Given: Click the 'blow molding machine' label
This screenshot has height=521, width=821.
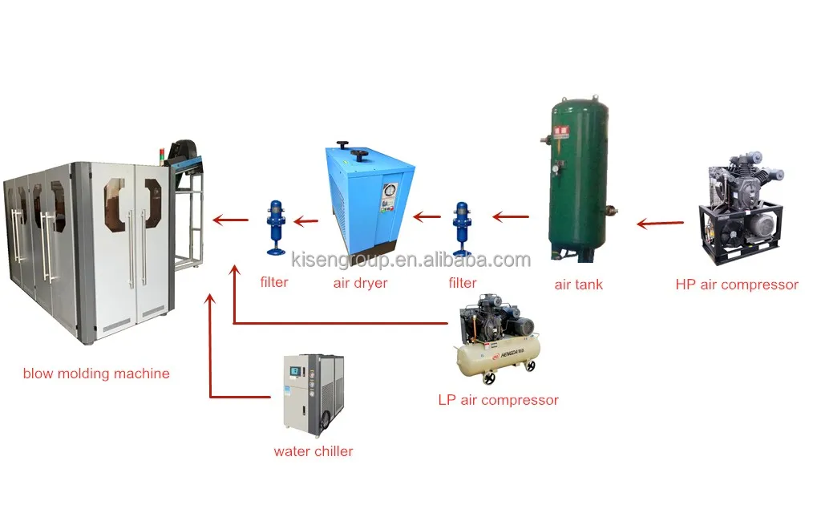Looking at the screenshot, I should click(x=96, y=374).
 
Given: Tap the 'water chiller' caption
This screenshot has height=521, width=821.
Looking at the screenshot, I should click(x=313, y=451).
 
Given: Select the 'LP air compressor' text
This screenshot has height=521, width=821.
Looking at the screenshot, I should click(x=498, y=400).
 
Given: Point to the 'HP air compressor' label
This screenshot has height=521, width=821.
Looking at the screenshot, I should click(x=737, y=285).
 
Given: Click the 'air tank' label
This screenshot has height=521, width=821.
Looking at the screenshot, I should click(x=578, y=285).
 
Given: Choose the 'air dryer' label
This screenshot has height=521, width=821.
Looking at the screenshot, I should click(x=360, y=283).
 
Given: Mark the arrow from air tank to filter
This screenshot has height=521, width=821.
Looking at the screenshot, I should click(x=510, y=216).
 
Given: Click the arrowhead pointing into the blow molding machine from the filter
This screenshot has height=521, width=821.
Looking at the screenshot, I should click(x=216, y=218).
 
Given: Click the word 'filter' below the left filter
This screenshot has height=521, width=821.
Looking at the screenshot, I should click(x=273, y=282).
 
